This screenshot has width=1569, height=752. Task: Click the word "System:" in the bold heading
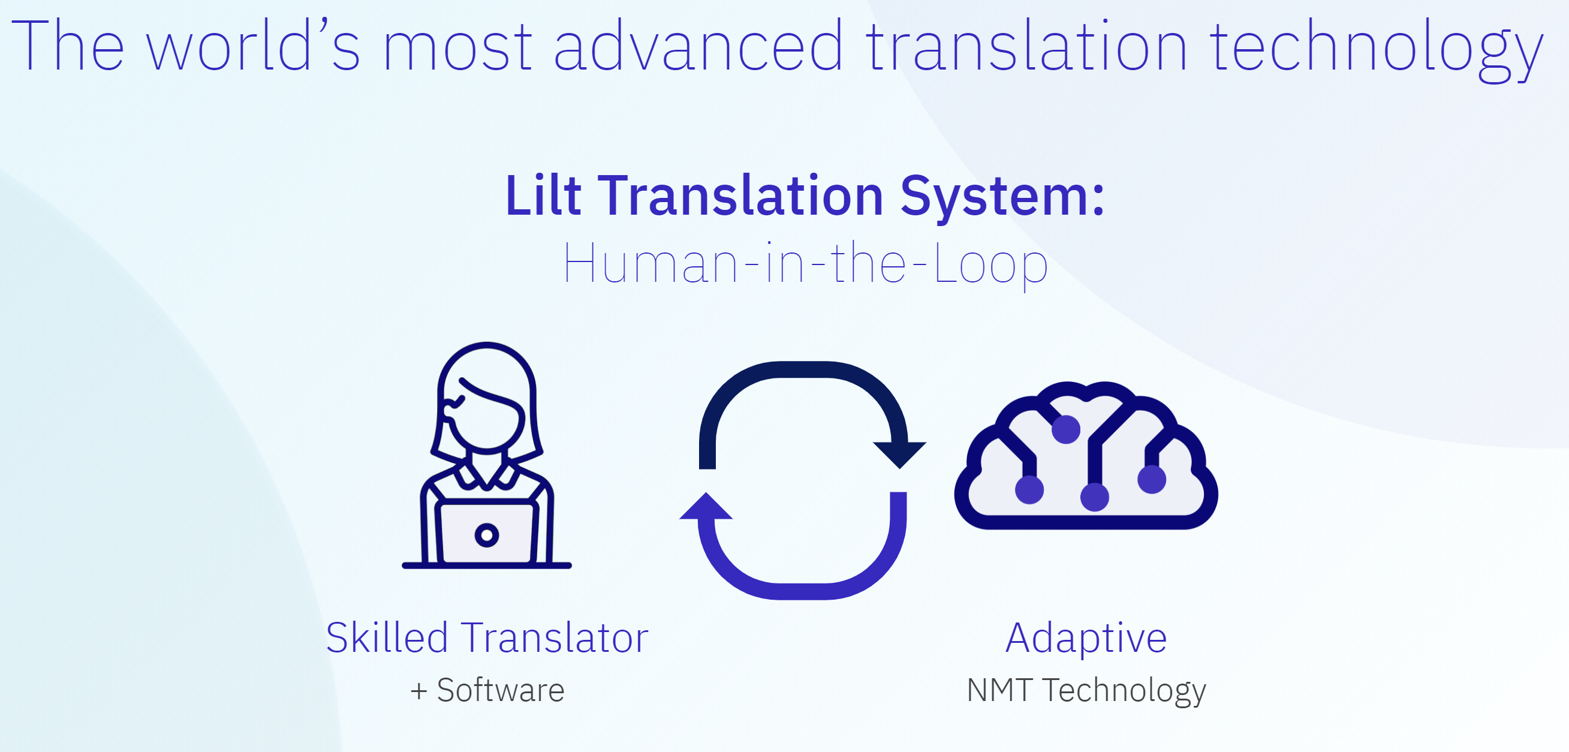point(1002,198)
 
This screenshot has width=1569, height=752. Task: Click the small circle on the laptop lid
point(487,535)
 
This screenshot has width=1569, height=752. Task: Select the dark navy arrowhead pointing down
point(900,454)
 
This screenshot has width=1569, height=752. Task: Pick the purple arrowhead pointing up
point(706,506)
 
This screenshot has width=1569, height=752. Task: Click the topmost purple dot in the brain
point(1066,429)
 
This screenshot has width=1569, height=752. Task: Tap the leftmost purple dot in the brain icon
point(1029,489)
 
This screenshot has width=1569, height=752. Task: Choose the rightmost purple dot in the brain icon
point(1152,479)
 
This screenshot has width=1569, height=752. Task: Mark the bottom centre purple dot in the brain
point(1095,497)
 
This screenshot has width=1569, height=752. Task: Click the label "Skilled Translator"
point(487,637)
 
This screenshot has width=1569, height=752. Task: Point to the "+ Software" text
point(487,690)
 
